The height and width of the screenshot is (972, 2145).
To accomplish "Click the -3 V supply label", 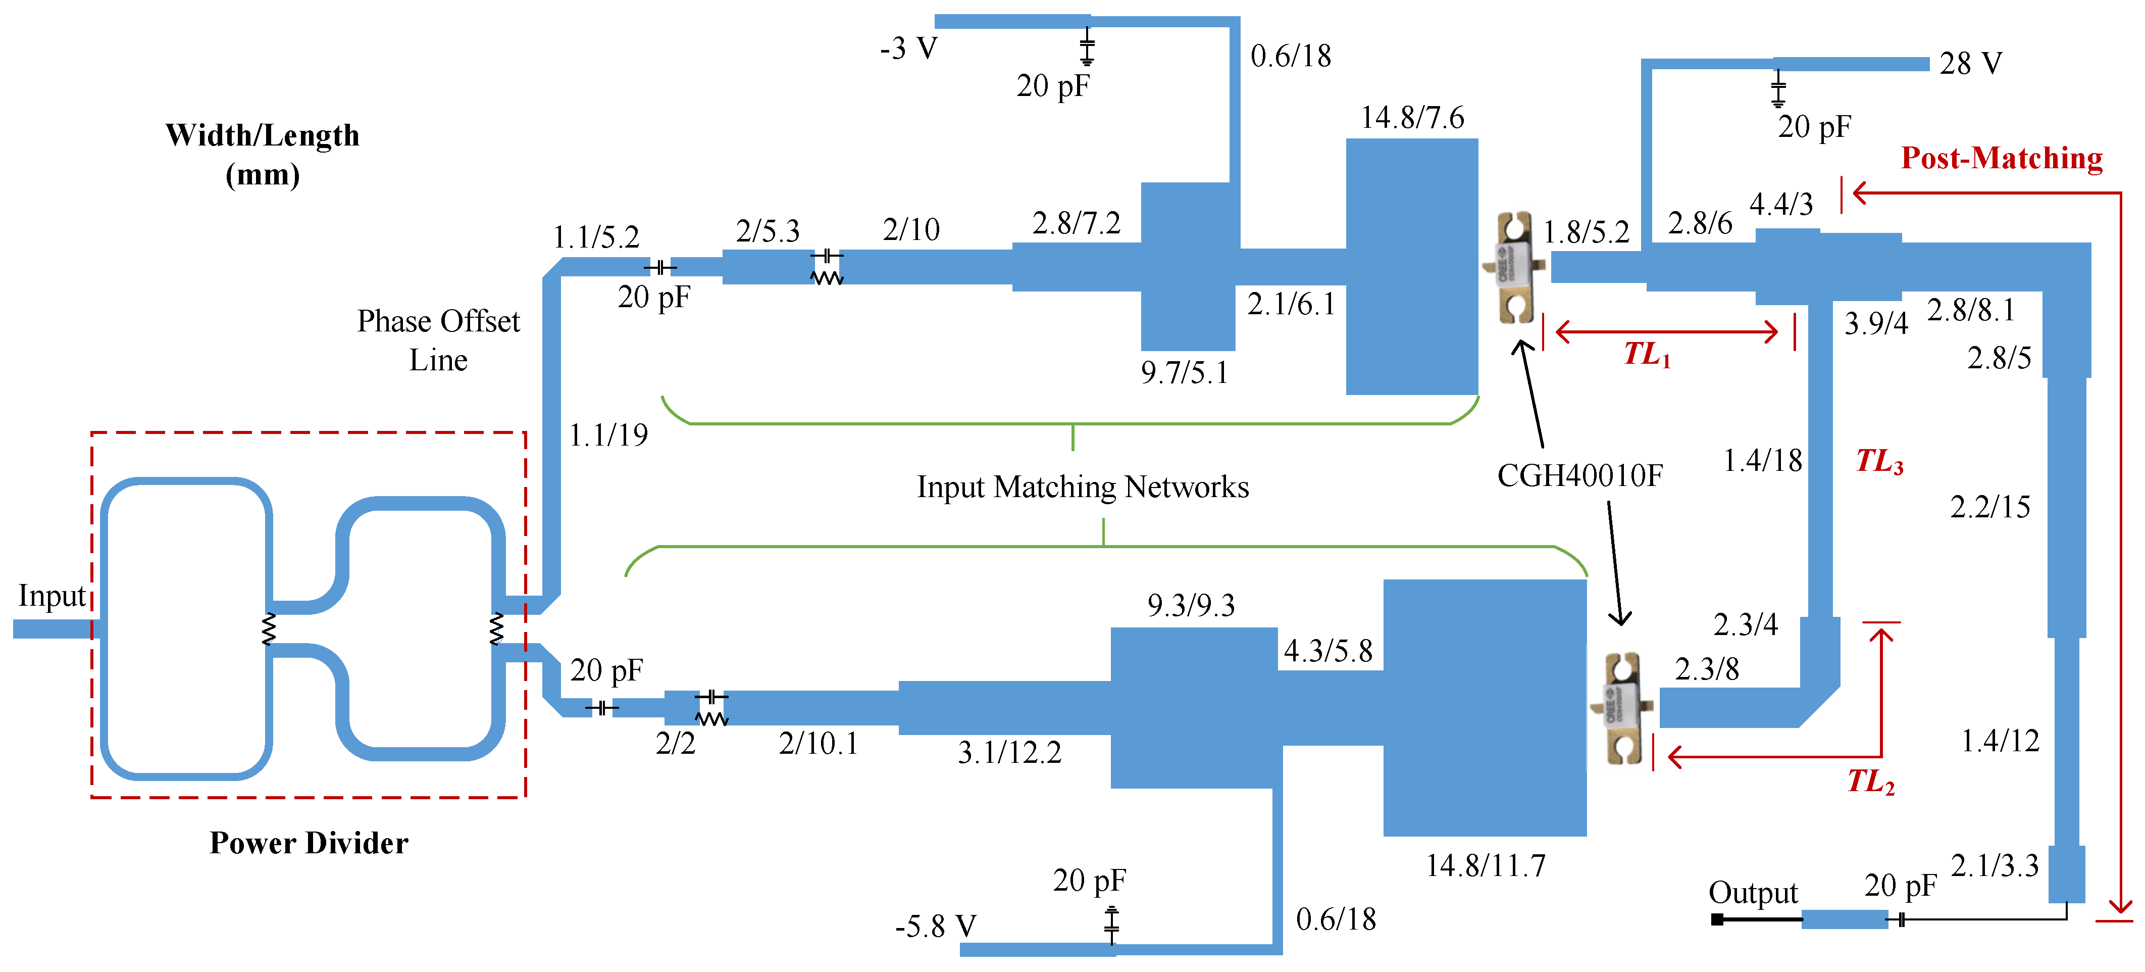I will (x=908, y=48).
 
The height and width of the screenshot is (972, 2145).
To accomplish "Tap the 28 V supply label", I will (x=1970, y=63).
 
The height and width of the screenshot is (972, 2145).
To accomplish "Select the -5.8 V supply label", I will (x=935, y=926).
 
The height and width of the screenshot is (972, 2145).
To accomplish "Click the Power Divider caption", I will (x=309, y=843).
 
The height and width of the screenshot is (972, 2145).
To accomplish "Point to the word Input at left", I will (x=52, y=596).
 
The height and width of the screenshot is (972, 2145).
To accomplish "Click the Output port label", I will (x=1753, y=893).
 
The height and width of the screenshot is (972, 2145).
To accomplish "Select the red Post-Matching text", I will (x=2002, y=158).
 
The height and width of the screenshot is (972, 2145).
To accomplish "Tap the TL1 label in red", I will (x=1646, y=355).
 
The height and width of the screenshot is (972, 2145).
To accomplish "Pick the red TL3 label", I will (x=1878, y=461).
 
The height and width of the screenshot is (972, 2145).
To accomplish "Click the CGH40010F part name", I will (x=1579, y=475).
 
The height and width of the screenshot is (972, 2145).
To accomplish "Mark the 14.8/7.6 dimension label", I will (x=1412, y=118).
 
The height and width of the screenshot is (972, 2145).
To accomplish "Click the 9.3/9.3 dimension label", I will (x=1191, y=606).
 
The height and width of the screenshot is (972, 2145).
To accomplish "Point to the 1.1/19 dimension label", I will (x=608, y=435).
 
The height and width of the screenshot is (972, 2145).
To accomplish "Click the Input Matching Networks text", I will (x=1083, y=487).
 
